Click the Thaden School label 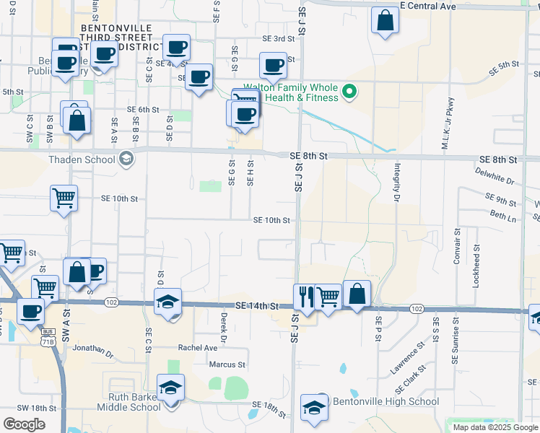pos(81,159)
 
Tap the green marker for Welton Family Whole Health pos(349,92)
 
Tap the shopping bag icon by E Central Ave pos(385,20)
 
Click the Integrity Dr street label pos(397,181)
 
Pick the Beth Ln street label pos(503,215)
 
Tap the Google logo pos(24,424)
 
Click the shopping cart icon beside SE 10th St pos(64,198)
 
